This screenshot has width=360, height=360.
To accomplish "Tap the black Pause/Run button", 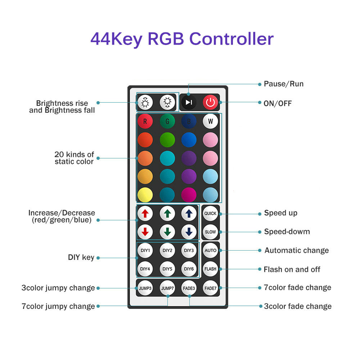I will click(189, 103).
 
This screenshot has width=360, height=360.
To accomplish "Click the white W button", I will click(211, 121).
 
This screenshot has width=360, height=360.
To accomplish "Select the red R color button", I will click(145, 121).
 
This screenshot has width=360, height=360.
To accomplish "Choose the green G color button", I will click(167, 121).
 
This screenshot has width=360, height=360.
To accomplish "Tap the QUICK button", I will click(211, 213).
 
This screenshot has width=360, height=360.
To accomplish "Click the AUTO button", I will click(211, 250).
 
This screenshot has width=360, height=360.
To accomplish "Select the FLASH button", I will click(211, 269).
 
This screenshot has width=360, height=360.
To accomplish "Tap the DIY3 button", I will click(189, 250).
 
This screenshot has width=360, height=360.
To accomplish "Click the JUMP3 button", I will click(145, 288).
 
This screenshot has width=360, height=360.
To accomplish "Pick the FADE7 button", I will click(211, 288).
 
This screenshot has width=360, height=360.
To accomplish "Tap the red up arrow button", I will click(145, 213).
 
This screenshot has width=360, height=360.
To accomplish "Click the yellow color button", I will click(145, 195).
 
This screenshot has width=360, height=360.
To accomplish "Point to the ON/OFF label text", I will click(278, 104).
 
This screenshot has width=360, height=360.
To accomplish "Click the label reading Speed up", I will click(281, 213).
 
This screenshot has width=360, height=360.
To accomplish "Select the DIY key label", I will click(81, 257).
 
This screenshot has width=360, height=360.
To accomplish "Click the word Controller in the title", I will click(231, 39).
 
